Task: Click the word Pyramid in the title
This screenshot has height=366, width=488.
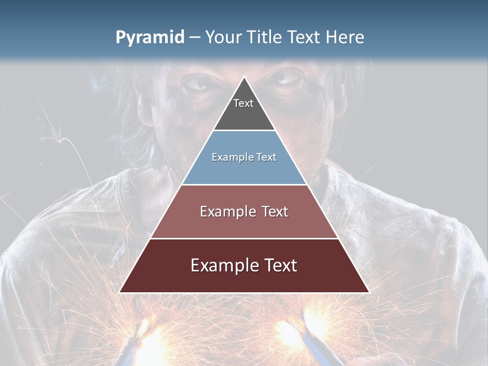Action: click(150, 38)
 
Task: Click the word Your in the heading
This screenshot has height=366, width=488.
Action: click(223, 38)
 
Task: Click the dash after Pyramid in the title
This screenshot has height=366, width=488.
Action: click(194, 38)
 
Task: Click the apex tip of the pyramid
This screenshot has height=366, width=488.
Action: click(244, 78)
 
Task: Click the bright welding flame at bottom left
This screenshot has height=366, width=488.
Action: click(152, 338)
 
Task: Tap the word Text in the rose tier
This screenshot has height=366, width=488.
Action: click(275, 211)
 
